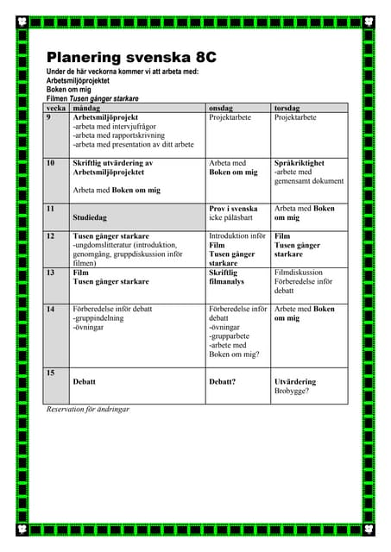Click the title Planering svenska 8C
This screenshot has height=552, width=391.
coord(131,57)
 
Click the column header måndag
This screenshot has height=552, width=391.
coord(86,108)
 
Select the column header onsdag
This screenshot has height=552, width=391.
coord(221,108)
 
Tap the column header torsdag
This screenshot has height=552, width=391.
coord(287,108)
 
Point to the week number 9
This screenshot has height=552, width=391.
coord(49,116)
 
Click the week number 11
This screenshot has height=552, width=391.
coord(50,209)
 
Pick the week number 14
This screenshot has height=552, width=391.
coord(50,309)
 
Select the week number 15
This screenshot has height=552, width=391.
coord(50,373)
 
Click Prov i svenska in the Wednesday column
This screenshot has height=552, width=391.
coord(233,209)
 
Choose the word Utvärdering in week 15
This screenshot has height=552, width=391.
coord(294,381)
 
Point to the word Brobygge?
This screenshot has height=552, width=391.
coord(291,391)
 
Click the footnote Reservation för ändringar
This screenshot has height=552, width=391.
coord(88,409)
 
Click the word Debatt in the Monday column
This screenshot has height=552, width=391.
coord(85,381)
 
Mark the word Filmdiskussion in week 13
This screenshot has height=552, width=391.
coord(298,272)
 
